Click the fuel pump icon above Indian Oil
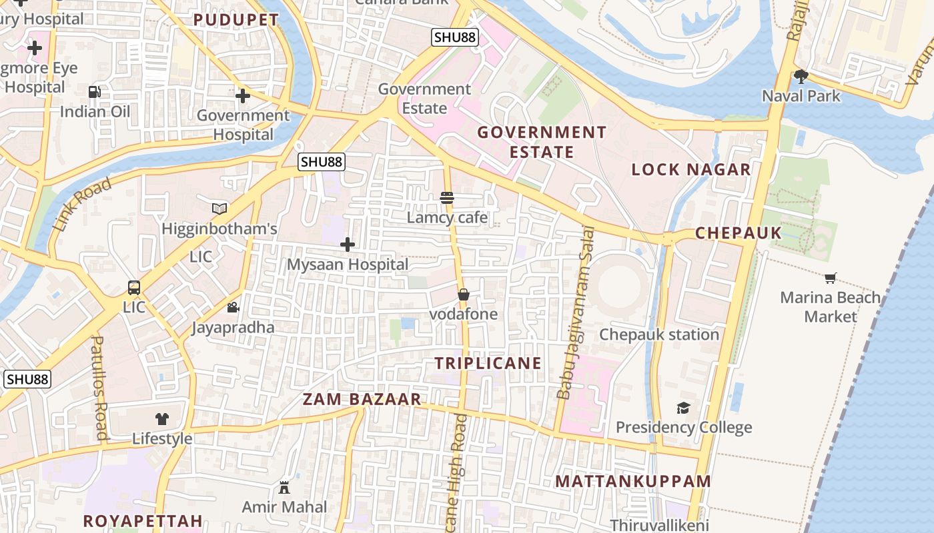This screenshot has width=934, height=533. click(x=95, y=92)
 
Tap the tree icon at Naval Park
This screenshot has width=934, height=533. click(x=801, y=76)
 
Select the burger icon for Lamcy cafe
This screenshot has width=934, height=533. click(x=447, y=198)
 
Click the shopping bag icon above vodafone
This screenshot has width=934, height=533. click(x=464, y=294)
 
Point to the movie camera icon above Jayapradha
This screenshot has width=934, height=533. click(x=233, y=308)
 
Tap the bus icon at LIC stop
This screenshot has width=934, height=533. click(x=134, y=288)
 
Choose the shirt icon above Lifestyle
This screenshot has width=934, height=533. click(x=162, y=419)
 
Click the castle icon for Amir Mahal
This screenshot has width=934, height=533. click(x=284, y=488)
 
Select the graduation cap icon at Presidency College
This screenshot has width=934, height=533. click(x=683, y=408)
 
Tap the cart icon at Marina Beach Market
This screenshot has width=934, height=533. click(x=831, y=278)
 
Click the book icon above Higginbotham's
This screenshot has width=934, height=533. click(x=219, y=209)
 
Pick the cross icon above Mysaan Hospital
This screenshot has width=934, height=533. click(x=348, y=245)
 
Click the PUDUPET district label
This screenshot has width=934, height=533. click(x=236, y=20)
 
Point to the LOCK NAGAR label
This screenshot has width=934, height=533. click(x=691, y=169)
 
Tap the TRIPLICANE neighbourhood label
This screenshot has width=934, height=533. click(x=488, y=363)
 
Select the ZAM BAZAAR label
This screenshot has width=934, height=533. click(x=362, y=399)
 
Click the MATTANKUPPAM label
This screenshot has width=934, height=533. click(x=633, y=481)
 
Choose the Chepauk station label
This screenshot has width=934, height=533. click(x=659, y=334)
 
